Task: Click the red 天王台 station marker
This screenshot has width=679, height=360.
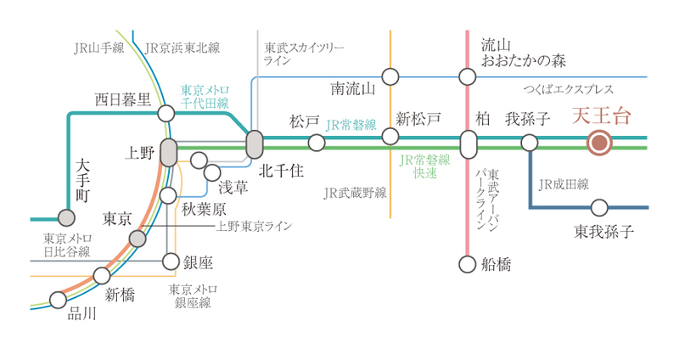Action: [x=600, y=143]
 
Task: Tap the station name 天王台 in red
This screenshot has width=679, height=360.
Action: [x=603, y=116]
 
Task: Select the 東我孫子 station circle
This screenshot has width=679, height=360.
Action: [x=599, y=207]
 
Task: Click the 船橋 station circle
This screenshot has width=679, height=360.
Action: [x=467, y=264]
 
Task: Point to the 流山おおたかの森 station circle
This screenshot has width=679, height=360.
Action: [x=467, y=77]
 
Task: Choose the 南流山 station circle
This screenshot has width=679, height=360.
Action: [x=390, y=77]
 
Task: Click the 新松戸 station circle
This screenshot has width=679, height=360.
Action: [x=390, y=137]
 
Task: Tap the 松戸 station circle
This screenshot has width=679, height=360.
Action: [x=317, y=143]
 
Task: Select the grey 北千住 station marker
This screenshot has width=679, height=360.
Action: [x=255, y=143]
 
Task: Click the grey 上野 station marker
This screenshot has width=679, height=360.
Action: [x=168, y=152]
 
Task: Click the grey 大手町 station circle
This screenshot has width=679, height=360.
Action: [x=65, y=217]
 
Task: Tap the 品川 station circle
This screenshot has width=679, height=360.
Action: [x=59, y=299]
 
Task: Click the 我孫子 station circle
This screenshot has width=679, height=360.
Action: [x=530, y=143]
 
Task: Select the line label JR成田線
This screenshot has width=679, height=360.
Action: [x=564, y=183]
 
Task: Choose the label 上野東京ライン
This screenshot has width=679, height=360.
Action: [x=254, y=226]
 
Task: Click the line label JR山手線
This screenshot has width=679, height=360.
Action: [x=98, y=48]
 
